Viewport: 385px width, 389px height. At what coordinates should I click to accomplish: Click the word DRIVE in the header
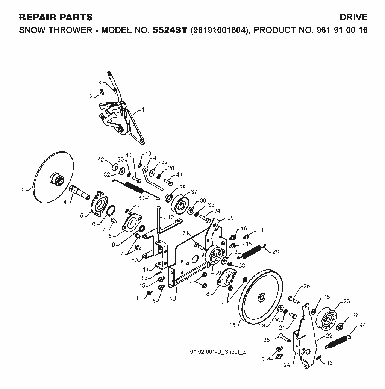tap(353, 17)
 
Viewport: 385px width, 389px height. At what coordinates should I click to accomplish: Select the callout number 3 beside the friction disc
tap(23, 189)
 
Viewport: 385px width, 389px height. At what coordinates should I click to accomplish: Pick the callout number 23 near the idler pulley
tap(347, 301)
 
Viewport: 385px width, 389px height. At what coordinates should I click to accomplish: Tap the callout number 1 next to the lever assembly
tap(143, 109)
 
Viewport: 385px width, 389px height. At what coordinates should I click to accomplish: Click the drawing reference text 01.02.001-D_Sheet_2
tap(218, 351)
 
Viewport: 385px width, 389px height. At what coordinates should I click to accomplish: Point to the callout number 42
tap(101, 160)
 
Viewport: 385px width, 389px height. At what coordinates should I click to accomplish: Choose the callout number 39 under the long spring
tap(141, 198)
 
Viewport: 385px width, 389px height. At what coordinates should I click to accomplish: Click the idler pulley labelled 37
tap(180, 204)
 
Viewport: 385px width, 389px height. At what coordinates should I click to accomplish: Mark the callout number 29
tap(230, 218)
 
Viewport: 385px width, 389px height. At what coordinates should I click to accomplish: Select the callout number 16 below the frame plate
tap(169, 300)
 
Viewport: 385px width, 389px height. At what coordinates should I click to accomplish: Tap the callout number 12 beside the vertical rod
tap(171, 218)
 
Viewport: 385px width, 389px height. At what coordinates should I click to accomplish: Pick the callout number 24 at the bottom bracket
tap(287, 365)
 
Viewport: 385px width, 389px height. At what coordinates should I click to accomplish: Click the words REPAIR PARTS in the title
tap(56, 17)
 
